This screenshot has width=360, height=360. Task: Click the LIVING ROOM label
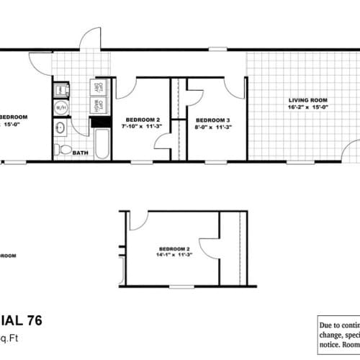point(309,100)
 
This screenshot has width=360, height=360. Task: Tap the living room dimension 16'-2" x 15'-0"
point(309,107)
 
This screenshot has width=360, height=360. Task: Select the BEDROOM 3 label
point(214,119)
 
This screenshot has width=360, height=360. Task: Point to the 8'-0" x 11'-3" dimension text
point(214,126)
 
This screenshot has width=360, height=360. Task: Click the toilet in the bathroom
point(64,150)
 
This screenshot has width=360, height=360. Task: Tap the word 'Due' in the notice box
point(328,325)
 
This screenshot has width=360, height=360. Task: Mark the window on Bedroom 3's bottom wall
point(214,161)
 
